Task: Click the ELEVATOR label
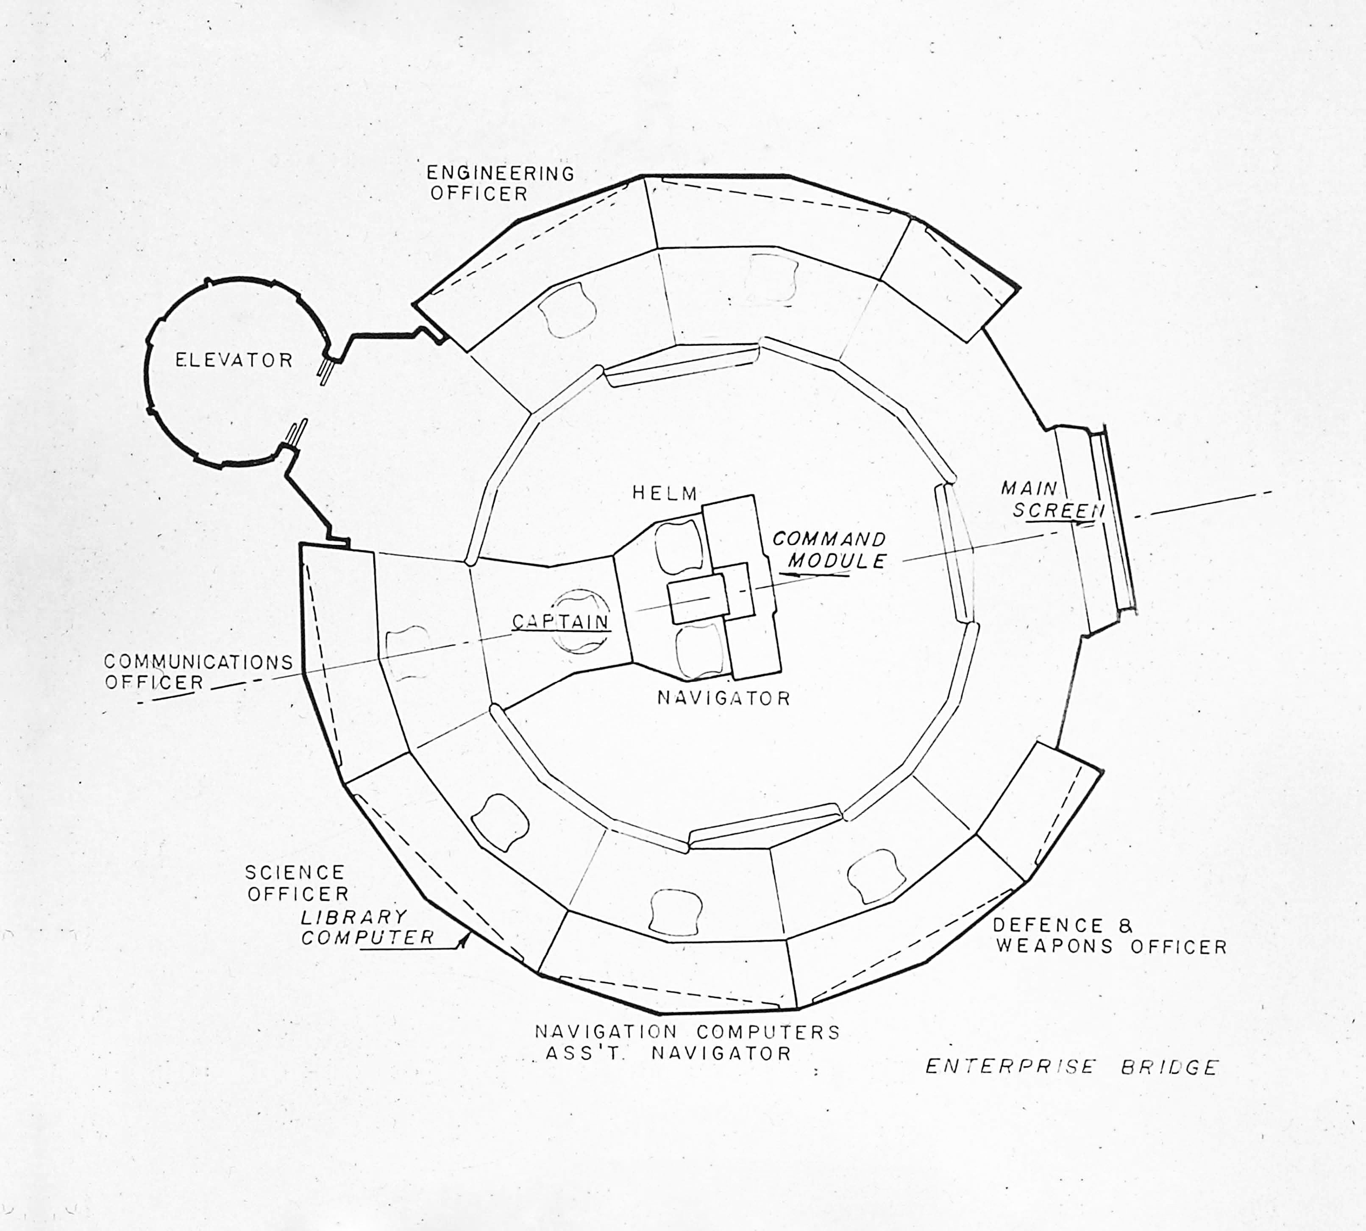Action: (234, 360)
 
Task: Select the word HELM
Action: (665, 494)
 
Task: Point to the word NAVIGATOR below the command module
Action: (723, 698)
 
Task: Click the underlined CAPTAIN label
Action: (560, 622)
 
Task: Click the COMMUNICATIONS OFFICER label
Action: (198, 672)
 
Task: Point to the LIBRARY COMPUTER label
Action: (367, 927)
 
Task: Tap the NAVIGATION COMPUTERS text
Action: (687, 1032)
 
